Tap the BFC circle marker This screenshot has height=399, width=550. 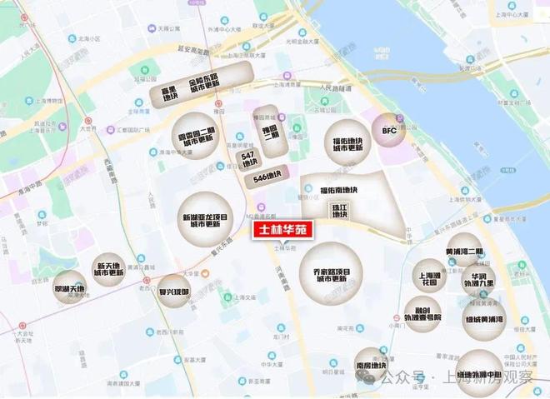(x=390, y=131)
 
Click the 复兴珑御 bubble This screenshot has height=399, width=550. (x=173, y=292)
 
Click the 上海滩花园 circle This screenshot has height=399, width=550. (x=430, y=277)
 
